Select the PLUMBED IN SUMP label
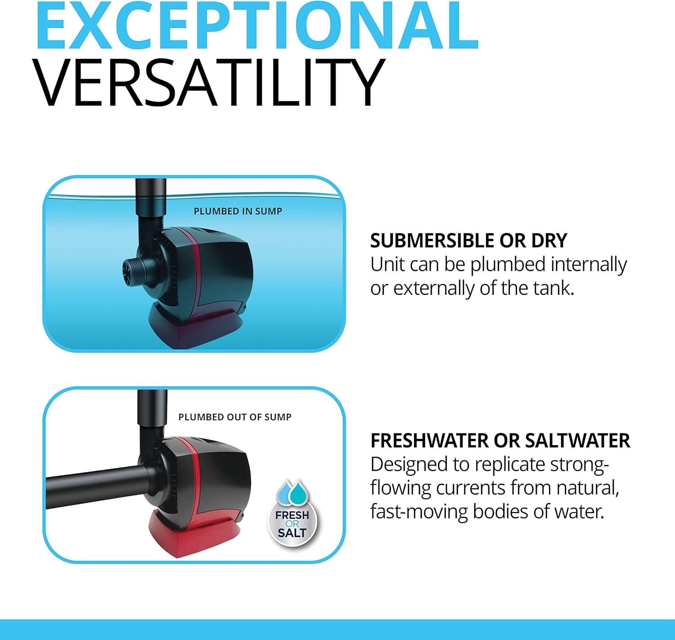coord(238,211)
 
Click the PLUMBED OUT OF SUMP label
coord(234,417)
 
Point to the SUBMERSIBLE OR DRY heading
coord(468,241)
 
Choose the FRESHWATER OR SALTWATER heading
coord(500,441)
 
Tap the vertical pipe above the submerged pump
coord(151,198)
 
